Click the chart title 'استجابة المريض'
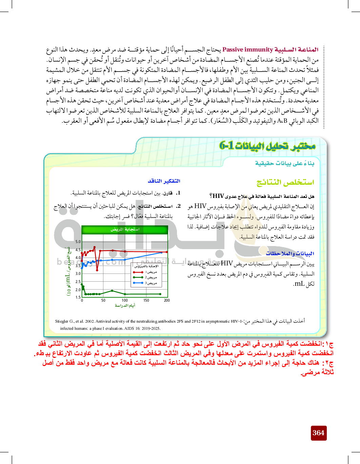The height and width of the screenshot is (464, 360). (125, 229)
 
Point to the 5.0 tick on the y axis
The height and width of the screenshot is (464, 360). (78, 242)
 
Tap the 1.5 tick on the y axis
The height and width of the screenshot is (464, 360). (78, 297)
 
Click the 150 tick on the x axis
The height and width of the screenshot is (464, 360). (146, 300)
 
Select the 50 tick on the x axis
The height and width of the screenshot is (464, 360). (103, 300)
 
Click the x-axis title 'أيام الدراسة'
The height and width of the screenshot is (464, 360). (125, 306)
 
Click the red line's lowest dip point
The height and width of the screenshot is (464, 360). (97, 270)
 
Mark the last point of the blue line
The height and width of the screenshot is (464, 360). (167, 252)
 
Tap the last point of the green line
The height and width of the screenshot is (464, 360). (160, 294)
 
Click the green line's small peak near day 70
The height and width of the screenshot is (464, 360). (112, 290)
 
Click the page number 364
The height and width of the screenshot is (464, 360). (318, 433)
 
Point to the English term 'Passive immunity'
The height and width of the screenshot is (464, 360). (247, 50)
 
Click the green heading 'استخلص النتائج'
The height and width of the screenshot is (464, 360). (285, 182)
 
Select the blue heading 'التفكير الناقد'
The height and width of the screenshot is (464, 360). (164, 181)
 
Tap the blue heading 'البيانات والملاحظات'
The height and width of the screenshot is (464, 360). (290, 254)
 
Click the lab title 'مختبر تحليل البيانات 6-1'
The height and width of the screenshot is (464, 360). (267, 146)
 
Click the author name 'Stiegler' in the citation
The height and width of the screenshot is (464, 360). (62, 321)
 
